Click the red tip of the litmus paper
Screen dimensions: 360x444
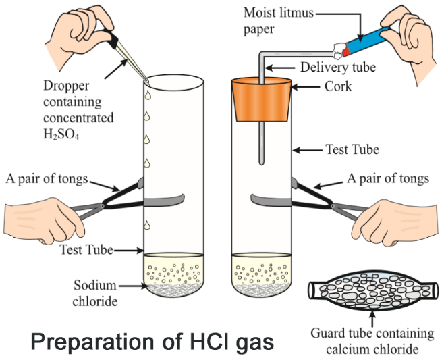pyautogui.click(x=346, y=50)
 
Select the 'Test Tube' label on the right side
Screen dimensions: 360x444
pyautogui.click(x=351, y=149)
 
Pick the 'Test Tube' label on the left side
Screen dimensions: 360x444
pyautogui.click(x=82, y=250)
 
